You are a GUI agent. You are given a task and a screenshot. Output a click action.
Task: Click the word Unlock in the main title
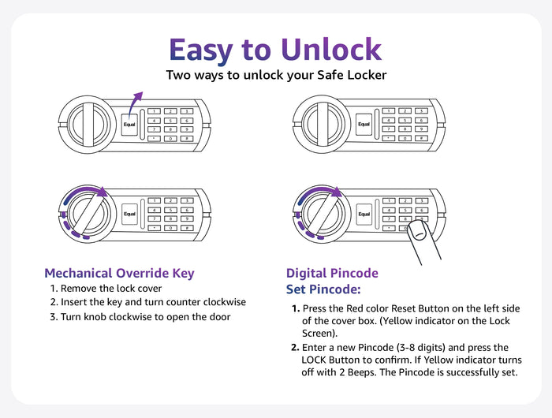[x=331, y=50]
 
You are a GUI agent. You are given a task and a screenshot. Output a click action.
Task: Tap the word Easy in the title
[x=200, y=51]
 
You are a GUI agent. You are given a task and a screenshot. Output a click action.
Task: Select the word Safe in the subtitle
[x=330, y=75]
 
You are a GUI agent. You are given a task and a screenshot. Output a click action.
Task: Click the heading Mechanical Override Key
[x=119, y=273]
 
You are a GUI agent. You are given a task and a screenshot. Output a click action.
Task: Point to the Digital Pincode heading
[x=332, y=273]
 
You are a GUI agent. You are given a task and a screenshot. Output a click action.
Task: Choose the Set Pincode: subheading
[x=323, y=289]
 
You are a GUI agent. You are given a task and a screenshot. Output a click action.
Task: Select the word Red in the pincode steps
[x=355, y=308]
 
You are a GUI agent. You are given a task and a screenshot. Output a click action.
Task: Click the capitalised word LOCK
[x=314, y=360]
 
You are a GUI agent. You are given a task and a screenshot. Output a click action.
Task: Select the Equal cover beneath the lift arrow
[x=129, y=125]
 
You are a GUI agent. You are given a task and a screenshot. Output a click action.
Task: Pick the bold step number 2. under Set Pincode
[x=295, y=348]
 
